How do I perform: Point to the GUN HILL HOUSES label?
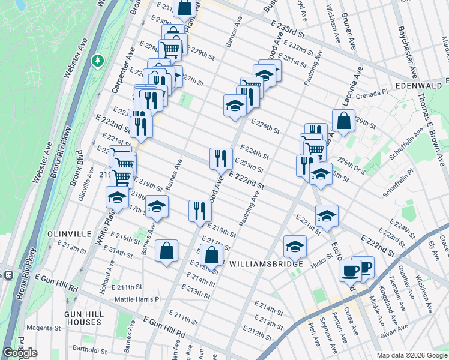(83, 318)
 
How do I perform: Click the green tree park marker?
(97, 61)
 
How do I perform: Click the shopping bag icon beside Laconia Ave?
(343, 120)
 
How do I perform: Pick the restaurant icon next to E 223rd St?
(221, 158)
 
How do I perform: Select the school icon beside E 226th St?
(235, 106)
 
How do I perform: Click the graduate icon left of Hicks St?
(295, 246)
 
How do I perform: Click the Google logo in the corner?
(20, 353)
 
